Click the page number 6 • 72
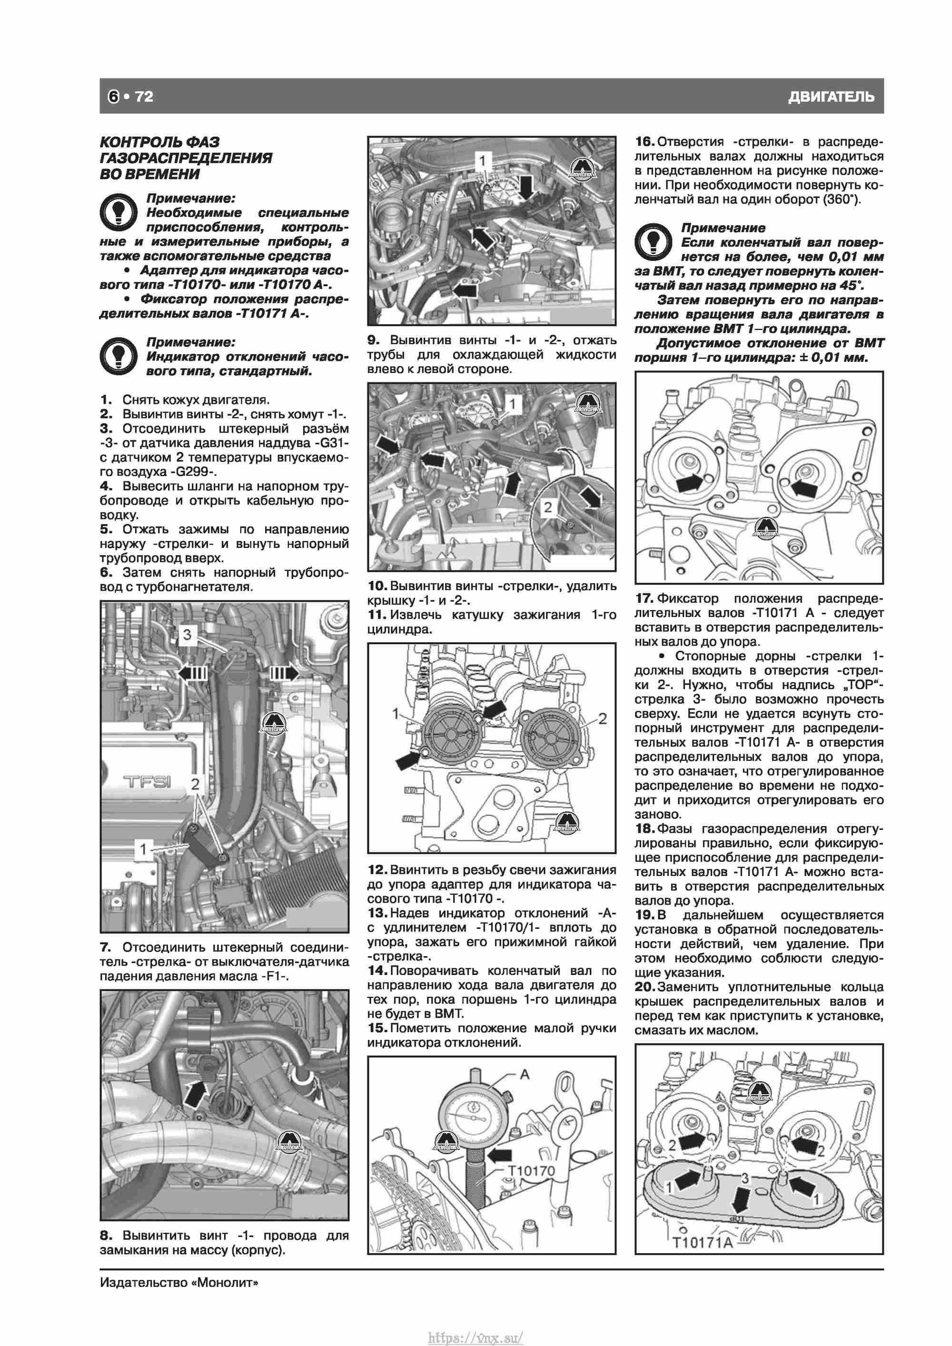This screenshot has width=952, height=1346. [x=130, y=96]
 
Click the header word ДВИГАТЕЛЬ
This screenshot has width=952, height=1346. [x=831, y=97]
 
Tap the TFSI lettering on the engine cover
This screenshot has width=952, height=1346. [x=147, y=781]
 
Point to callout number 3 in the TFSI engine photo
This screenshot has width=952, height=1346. [x=187, y=634]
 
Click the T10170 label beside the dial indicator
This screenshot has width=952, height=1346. [x=531, y=1171]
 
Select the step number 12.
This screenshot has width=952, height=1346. [x=377, y=869]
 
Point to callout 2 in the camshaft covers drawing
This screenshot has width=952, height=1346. [x=602, y=719]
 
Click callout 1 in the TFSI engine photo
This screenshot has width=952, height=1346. [x=142, y=848]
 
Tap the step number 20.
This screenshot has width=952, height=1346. [x=645, y=987]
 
